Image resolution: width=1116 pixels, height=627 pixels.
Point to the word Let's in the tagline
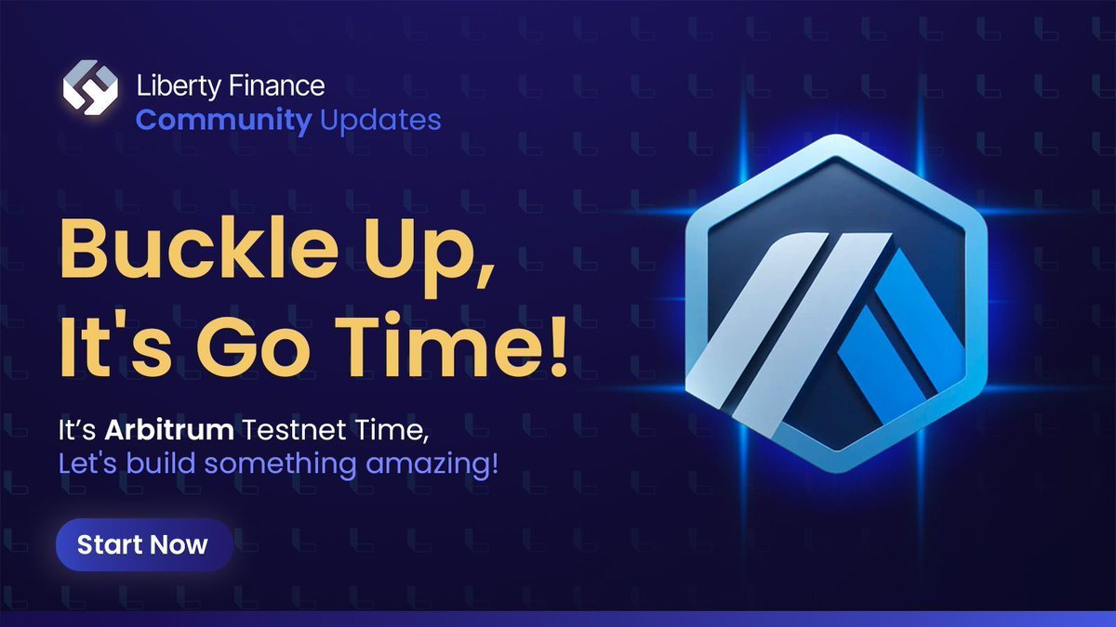pyautogui.click(x=83, y=462)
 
